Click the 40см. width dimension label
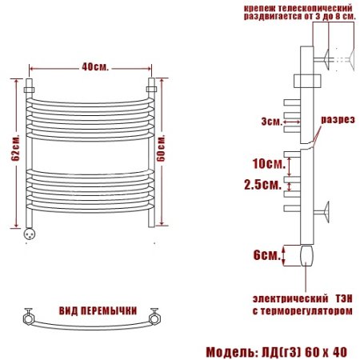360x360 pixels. click(95, 67)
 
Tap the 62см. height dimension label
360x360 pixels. click(16, 147)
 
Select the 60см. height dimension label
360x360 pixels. click(161, 148)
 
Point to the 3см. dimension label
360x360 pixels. click(271, 122)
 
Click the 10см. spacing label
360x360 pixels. click(269, 163)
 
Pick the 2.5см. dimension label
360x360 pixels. click(263, 184)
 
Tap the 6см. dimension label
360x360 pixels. click(267, 255)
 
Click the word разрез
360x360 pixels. click(338, 119)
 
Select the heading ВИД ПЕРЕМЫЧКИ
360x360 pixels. click(98, 310)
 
